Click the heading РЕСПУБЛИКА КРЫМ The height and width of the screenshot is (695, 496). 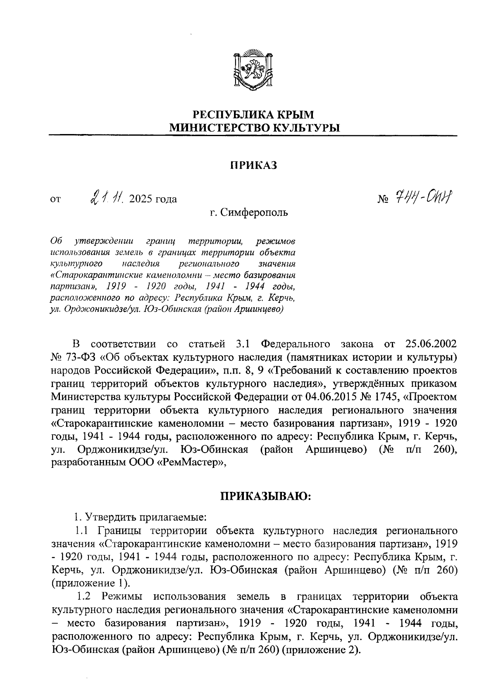pos(254,114)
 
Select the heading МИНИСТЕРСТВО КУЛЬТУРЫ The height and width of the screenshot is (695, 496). pos(254,128)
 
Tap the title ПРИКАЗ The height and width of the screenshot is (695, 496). pos(253,165)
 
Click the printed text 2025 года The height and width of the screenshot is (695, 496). pos(153,199)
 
